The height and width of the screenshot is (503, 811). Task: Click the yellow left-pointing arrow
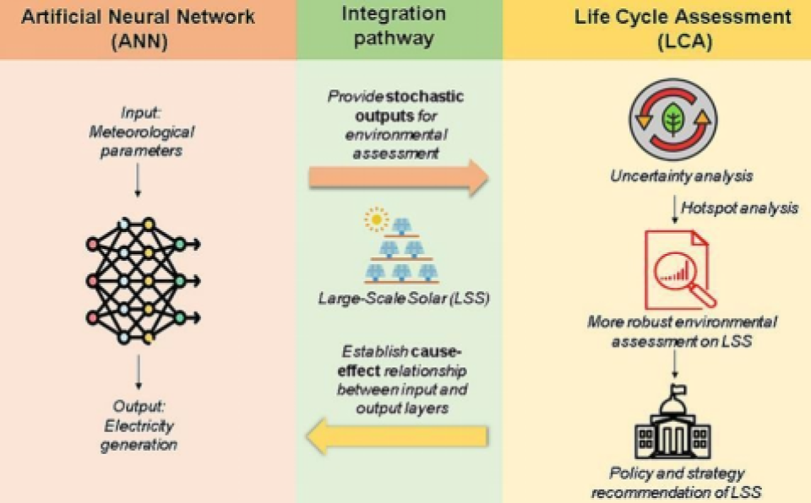(x=397, y=435)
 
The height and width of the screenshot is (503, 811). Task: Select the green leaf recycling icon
(x=672, y=120)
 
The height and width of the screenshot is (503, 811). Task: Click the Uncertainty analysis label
(x=672, y=176)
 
